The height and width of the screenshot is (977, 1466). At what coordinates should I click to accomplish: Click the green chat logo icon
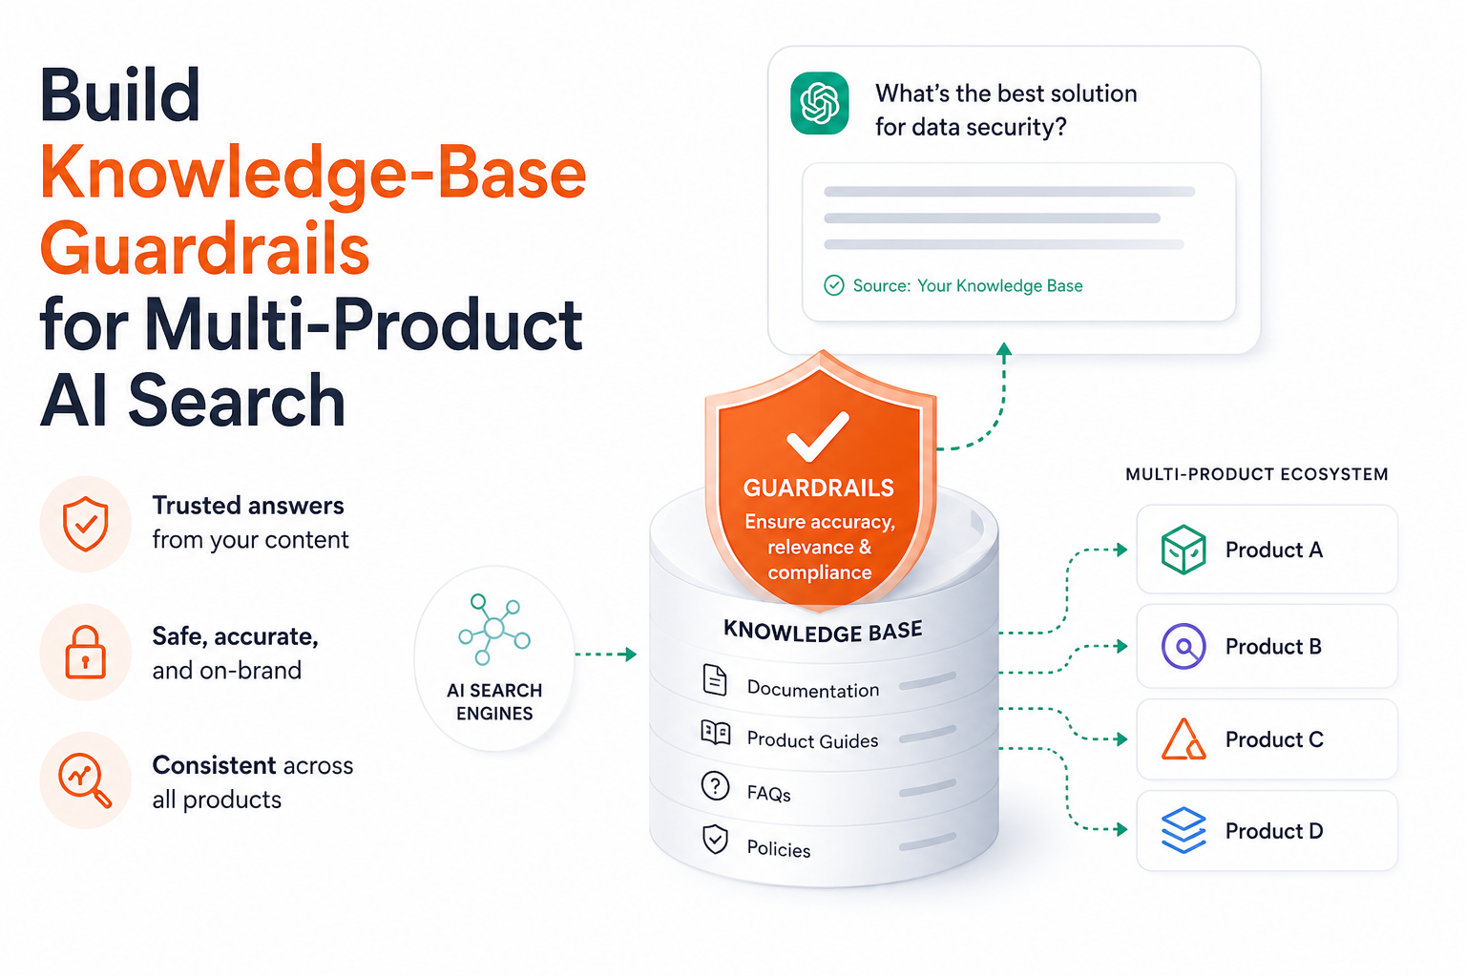(x=820, y=103)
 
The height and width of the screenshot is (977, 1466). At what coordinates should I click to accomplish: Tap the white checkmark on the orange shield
(x=817, y=436)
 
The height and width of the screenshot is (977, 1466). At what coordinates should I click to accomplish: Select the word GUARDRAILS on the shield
(x=819, y=488)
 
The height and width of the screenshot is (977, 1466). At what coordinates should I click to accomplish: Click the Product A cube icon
(x=1183, y=550)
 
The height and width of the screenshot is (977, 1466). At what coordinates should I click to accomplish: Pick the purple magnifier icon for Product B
(x=1183, y=647)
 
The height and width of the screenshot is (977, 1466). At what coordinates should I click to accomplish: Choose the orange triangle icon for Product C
(x=1183, y=739)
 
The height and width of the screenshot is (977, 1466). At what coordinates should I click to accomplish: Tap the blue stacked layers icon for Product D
(x=1183, y=830)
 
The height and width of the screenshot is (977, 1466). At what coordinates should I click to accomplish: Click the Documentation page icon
(x=715, y=679)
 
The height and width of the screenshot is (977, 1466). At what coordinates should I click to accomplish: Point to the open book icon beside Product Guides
(x=715, y=733)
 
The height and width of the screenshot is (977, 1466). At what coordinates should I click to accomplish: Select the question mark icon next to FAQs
(x=715, y=785)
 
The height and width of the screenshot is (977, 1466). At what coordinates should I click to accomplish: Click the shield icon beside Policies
(x=715, y=840)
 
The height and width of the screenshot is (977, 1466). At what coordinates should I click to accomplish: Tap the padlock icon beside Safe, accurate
(x=85, y=653)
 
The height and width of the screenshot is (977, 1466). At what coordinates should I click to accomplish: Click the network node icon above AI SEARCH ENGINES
(x=494, y=629)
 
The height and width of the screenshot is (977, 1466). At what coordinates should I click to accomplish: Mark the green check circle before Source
(x=834, y=285)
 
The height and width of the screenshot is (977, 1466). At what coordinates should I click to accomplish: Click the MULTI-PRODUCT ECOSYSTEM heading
(x=1257, y=474)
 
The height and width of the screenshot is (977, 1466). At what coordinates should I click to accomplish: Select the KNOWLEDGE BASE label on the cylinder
(x=823, y=631)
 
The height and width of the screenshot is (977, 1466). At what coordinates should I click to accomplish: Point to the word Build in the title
(x=119, y=95)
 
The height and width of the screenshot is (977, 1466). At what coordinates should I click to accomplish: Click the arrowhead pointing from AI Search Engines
(x=631, y=654)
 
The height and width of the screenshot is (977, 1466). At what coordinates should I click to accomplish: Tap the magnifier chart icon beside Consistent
(x=85, y=780)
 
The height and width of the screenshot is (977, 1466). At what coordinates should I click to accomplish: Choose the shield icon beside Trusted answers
(x=85, y=524)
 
